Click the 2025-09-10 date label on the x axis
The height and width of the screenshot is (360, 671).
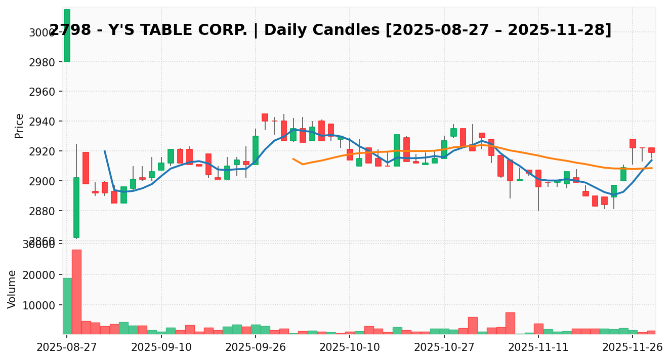pos(161,347)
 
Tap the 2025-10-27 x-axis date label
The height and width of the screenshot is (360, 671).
pos(444,347)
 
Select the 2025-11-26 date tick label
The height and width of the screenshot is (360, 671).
pos(633,347)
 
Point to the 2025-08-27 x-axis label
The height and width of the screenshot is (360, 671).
pos(67,347)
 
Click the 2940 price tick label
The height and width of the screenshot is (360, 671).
pos(43,122)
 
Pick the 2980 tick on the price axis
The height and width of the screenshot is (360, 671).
pos(43,62)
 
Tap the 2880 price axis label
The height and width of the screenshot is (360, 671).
pos(43,211)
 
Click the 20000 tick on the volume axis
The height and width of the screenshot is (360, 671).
pos(40,275)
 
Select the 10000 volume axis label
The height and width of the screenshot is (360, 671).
pos(40,305)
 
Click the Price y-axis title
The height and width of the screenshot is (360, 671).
pos(19,126)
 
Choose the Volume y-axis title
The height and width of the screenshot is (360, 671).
pos(12,289)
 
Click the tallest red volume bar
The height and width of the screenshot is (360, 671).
pos(76,292)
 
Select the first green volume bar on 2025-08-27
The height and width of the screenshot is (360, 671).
pos(67,306)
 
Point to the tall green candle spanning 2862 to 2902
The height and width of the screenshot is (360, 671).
pos(76,207)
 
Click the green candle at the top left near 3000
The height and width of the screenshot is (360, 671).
pos(67,35)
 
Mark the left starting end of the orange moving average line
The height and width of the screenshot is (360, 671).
pos(293,158)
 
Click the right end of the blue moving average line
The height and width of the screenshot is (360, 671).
pos(652,160)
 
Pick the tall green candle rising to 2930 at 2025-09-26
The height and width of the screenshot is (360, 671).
pos(256,150)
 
